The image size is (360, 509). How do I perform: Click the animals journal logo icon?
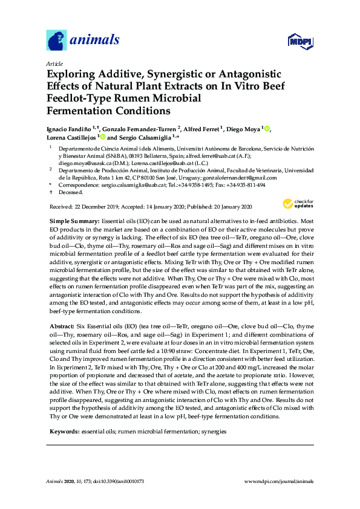coord(57,41)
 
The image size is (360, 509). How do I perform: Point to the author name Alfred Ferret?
coord(203,129)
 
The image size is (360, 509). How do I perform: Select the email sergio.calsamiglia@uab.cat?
coord(129,185)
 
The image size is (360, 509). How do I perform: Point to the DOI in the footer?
coord(122,481)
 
